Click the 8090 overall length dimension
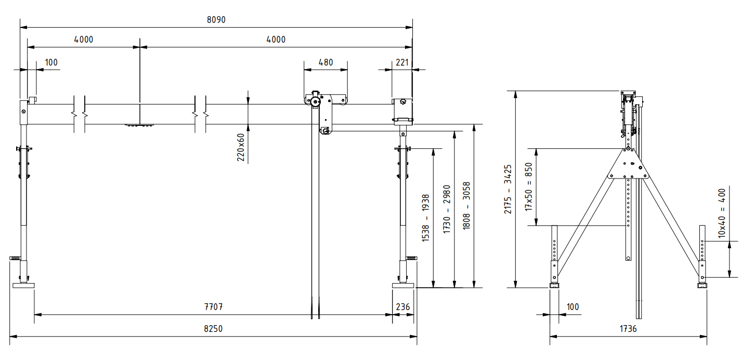tap(216, 20)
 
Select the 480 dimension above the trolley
tap(326, 62)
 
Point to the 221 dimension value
tap(402, 62)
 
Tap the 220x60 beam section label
tap(241, 147)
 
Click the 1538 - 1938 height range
tap(426, 218)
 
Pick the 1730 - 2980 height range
tap(446, 209)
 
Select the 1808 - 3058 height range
tap(466, 207)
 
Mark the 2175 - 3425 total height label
tap(508, 189)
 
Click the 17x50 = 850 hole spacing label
tap(529, 187)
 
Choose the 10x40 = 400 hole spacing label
tap(722, 213)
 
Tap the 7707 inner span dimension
tap(214, 307)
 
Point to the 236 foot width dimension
tap(403, 307)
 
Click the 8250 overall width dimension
tap(214, 329)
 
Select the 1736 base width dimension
tap(628, 329)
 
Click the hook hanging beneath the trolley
tap(326, 131)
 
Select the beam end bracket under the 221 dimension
tap(402, 109)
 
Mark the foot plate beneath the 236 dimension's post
tap(403, 285)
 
